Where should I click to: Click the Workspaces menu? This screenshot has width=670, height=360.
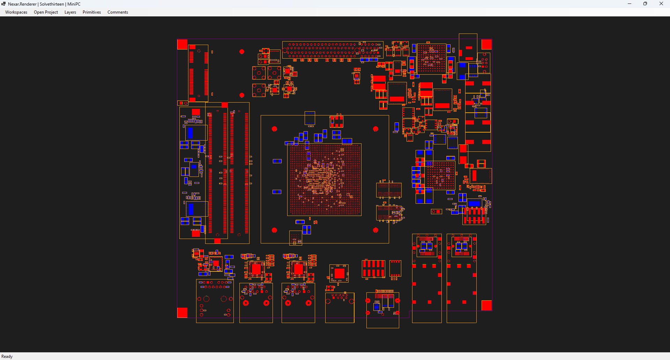pyautogui.click(x=16, y=12)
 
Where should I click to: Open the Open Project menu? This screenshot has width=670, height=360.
pyautogui.click(x=46, y=12)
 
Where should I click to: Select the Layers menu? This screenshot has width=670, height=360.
pyautogui.click(x=70, y=12)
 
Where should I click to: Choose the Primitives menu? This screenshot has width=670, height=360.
pyautogui.click(x=92, y=12)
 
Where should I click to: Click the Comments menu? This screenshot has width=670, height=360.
pyautogui.click(x=118, y=12)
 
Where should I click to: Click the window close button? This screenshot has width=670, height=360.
pyautogui.click(x=661, y=4)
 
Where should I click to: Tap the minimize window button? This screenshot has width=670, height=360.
pyautogui.click(x=630, y=4)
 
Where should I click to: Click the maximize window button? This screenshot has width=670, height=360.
pyautogui.click(x=645, y=4)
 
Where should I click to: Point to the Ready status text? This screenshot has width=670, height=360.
pyautogui.click(x=7, y=357)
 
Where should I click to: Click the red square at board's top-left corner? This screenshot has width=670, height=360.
pyautogui.click(x=183, y=44)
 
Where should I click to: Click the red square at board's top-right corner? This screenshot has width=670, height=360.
pyautogui.click(x=486, y=44)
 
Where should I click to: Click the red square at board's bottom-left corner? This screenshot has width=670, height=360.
pyautogui.click(x=183, y=313)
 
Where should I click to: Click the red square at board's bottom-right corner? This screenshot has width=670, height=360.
pyautogui.click(x=486, y=305)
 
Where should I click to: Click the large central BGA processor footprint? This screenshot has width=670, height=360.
pyautogui.click(x=324, y=180)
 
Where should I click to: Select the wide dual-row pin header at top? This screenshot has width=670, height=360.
pyautogui.click(x=333, y=50)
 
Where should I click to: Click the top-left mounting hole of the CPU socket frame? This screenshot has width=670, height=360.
pyautogui.click(x=274, y=129)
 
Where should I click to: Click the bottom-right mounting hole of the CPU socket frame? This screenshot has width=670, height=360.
pyautogui.click(x=375, y=230)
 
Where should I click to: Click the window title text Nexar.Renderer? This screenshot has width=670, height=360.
pyautogui.click(x=22, y=4)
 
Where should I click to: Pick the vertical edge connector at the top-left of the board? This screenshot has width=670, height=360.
pyautogui.click(x=198, y=73)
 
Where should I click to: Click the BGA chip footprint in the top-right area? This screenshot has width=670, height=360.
pyautogui.click(x=432, y=58)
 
